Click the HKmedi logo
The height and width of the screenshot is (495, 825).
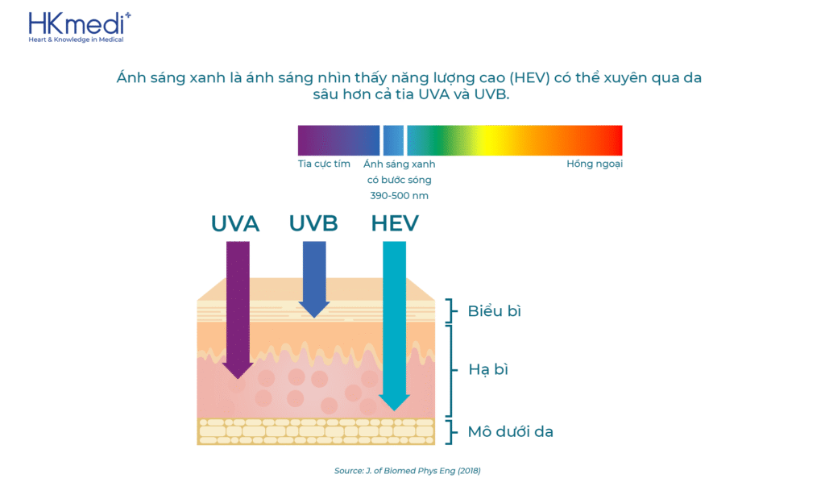(x=80, y=27)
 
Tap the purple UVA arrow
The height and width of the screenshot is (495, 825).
(x=238, y=310)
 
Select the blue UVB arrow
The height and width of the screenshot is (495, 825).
(x=314, y=279)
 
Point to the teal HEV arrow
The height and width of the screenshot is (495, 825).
(x=394, y=326)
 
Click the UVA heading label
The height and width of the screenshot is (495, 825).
(x=235, y=224)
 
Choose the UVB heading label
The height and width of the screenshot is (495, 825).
(x=313, y=224)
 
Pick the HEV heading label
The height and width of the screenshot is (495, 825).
(x=395, y=224)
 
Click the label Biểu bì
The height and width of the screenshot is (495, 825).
(x=494, y=311)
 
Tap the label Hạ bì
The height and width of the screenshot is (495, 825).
(x=488, y=370)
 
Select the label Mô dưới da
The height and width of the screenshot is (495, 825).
(x=510, y=432)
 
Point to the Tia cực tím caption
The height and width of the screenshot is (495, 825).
(x=324, y=164)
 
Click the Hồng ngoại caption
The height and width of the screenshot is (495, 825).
(x=595, y=164)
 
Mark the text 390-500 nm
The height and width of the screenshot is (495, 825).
(x=400, y=196)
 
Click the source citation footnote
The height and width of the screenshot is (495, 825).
(x=407, y=471)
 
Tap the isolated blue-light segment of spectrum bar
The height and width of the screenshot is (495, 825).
(x=393, y=140)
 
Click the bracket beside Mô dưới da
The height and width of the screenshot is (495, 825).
(x=450, y=432)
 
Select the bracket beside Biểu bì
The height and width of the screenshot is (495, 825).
(x=450, y=310)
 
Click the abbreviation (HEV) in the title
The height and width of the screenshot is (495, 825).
(x=529, y=78)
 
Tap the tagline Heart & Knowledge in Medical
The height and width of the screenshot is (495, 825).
(x=77, y=40)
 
